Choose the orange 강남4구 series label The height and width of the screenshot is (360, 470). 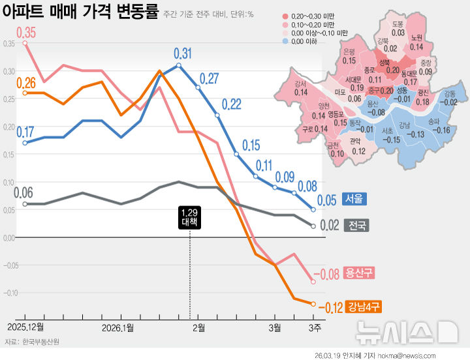364,305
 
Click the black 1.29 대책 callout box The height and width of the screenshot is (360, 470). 190,218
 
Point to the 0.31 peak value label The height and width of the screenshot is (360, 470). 183,53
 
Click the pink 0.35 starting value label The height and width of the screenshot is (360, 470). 26,33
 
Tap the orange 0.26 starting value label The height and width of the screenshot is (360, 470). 26,83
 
